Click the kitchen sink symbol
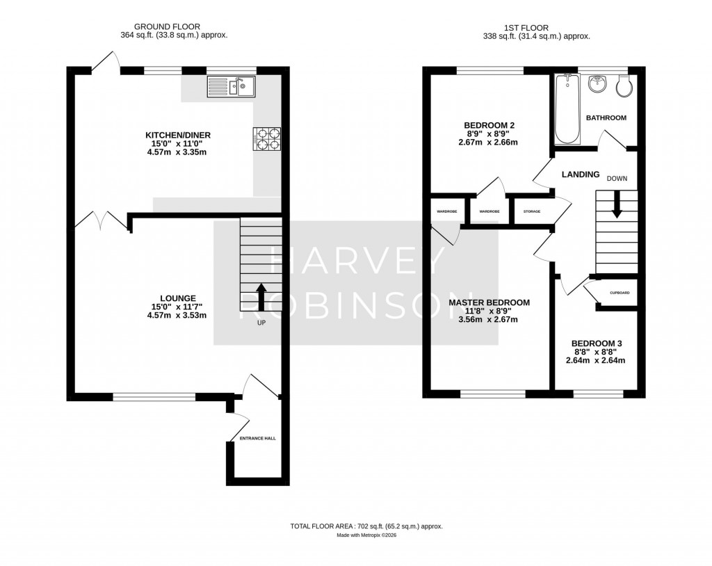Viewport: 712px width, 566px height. tap(232, 87)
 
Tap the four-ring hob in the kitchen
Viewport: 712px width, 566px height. tap(268, 138)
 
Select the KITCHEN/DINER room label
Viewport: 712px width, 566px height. tap(177, 135)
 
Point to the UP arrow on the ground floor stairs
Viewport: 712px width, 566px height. tap(261, 296)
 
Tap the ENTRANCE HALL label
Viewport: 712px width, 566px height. tap(258, 439)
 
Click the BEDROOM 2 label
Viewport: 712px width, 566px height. tap(489, 125)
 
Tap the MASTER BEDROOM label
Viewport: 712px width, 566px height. tap(489, 302)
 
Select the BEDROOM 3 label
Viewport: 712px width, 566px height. tap(596, 343)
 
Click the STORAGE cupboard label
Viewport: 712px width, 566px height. tap(532, 211)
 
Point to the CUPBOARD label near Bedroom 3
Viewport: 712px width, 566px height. tap(620, 293)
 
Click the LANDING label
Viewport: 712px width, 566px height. tap(581, 175)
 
